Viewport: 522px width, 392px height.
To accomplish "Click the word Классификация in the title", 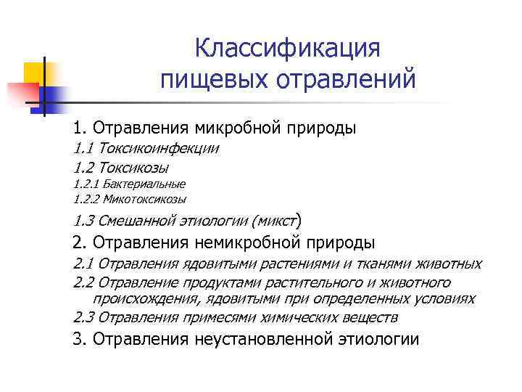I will click(x=288, y=49).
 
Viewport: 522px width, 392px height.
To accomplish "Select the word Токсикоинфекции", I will click(x=159, y=149).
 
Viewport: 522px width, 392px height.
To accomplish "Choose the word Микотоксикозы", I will click(x=144, y=198).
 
